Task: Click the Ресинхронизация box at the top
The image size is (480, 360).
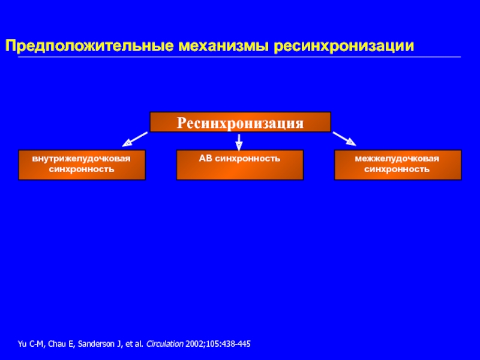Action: coord(240,122)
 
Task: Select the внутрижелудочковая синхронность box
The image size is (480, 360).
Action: coord(82,165)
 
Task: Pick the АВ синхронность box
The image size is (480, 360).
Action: coord(240,165)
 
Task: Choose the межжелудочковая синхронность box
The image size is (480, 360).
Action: coord(397,165)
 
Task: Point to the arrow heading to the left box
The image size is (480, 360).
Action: coord(135,139)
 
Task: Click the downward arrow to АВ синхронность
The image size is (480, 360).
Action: coord(239,142)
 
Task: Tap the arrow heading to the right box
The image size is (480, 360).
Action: coord(344,139)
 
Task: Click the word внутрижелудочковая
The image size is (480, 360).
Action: coord(82,159)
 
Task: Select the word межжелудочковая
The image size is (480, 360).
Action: coord(397,159)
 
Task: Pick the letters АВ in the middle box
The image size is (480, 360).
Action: coord(205,159)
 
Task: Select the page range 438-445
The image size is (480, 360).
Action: coord(237,344)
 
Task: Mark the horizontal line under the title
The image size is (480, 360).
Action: coord(240,57)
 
